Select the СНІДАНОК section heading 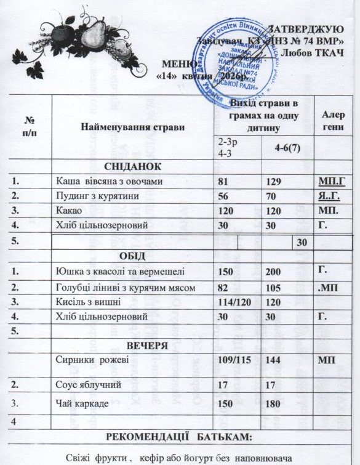[133, 167]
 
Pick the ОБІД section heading [134, 256]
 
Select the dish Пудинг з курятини [95, 196]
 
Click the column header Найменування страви [133, 127]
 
